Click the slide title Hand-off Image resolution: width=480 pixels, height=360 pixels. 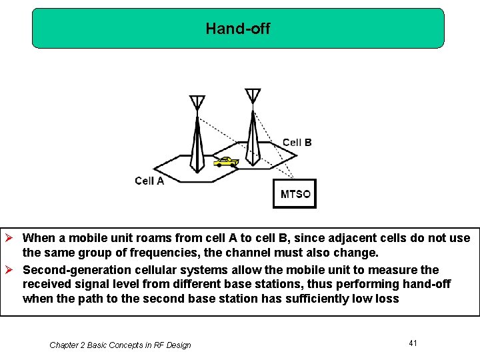(x=238, y=28)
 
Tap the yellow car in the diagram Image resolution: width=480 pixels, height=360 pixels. (x=226, y=162)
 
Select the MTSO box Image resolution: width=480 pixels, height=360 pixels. (x=295, y=194)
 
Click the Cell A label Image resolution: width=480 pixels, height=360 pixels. (x=149, y=181)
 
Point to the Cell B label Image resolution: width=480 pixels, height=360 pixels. (x=297, y=142)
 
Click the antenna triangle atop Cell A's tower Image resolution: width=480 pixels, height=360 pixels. (x=197, y=102)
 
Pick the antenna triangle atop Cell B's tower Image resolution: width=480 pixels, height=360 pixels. (x=253, y=95)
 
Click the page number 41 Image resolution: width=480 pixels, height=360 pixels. (x=413, y=343)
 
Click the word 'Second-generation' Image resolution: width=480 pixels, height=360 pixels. (x=69, y=270)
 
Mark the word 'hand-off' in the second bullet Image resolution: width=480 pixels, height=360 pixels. (x=428, y=284)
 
